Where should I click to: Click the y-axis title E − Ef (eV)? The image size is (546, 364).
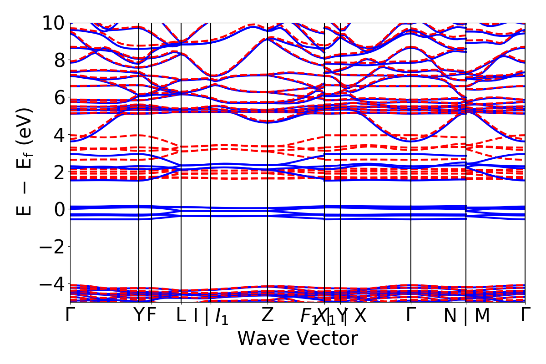click(25, 162)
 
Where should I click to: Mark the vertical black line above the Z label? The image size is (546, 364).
click(267, 182)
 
